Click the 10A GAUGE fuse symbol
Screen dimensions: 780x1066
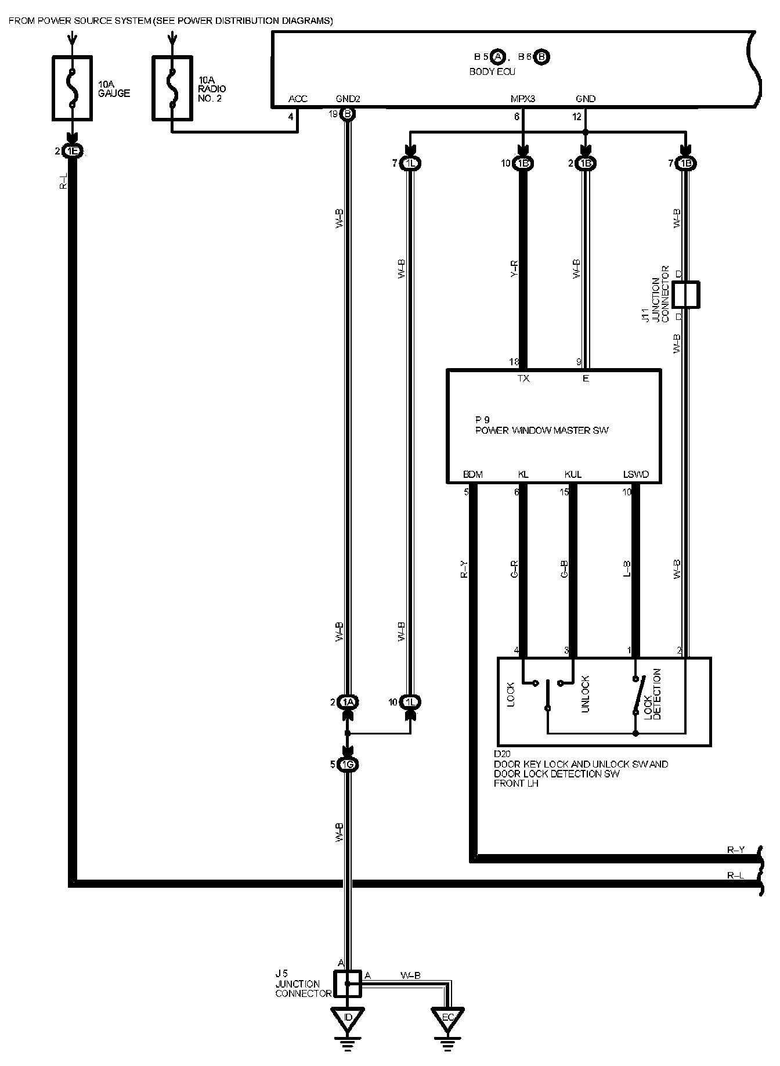[72, 88]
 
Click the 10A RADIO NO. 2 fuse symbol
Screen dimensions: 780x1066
[172, 88]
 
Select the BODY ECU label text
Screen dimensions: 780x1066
[492, 72]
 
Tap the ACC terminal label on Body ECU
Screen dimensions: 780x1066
[298, 99]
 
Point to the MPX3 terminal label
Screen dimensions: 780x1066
[522, 99]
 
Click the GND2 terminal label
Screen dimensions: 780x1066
[348, 99]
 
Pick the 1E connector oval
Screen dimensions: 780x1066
[73, 152]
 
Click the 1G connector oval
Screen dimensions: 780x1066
[348, 764]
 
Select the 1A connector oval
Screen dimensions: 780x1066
[348, 703]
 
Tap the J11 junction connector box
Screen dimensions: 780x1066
[685, 294]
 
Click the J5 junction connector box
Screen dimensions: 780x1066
[348, 984]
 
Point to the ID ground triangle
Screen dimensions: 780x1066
[348, 1018]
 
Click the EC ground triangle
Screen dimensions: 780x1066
[447, 1018]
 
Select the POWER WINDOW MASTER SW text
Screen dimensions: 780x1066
[542, 431]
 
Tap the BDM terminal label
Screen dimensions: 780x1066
[473, 474]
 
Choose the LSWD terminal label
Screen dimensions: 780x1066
[635, 474]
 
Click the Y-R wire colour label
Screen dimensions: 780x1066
[514, 268]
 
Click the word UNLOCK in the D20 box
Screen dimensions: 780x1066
[585, 694]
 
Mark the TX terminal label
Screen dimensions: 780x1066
[523, 379]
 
